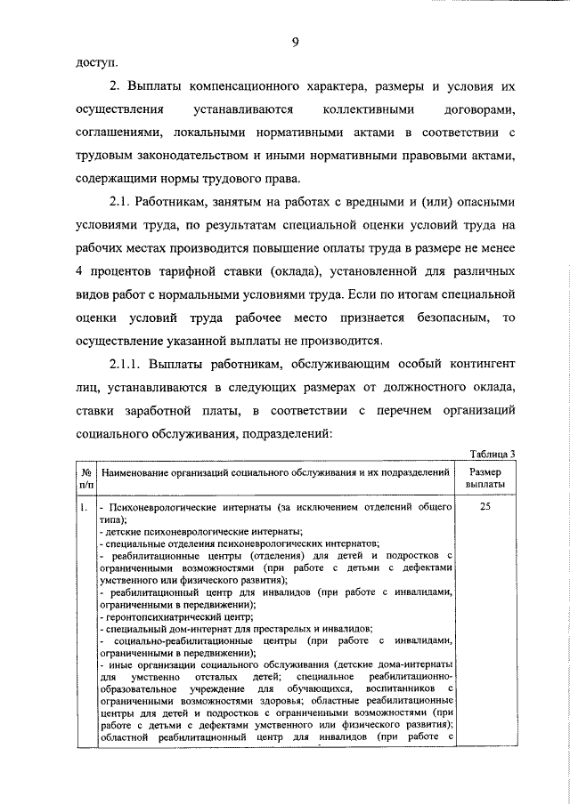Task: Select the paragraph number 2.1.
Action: click(122, 203)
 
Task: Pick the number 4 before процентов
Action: click(77, 271)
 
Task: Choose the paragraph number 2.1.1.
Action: click(126, 365)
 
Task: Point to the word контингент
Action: click(473, 365)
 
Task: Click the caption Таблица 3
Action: click(492, 453)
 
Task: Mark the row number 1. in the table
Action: click(82, 508)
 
